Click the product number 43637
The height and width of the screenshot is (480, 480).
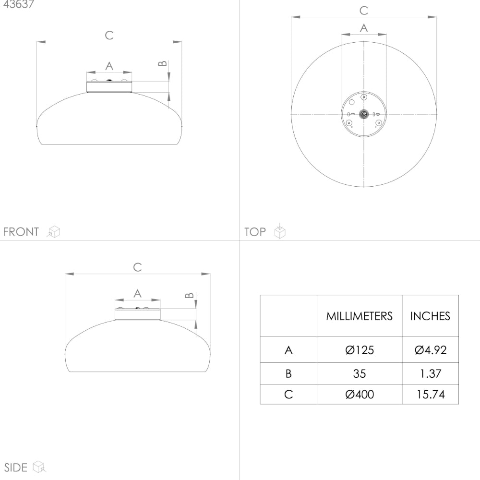[x=18, y=4]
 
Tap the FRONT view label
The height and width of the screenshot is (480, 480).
[x=21, y=232]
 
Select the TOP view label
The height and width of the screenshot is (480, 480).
[x=255, y=232]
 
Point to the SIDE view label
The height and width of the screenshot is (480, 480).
[x=16, y=468]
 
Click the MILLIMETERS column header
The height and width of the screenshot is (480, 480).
[x=360, y=316]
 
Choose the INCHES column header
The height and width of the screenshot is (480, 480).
[x=430, y=316]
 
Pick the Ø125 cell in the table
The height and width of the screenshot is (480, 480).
[x=360, y=350]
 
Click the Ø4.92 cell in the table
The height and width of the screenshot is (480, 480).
[x=431, y=350]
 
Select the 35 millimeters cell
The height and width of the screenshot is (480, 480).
[x=360, y=373]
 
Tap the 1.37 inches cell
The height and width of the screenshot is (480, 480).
[x=431, y=373]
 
